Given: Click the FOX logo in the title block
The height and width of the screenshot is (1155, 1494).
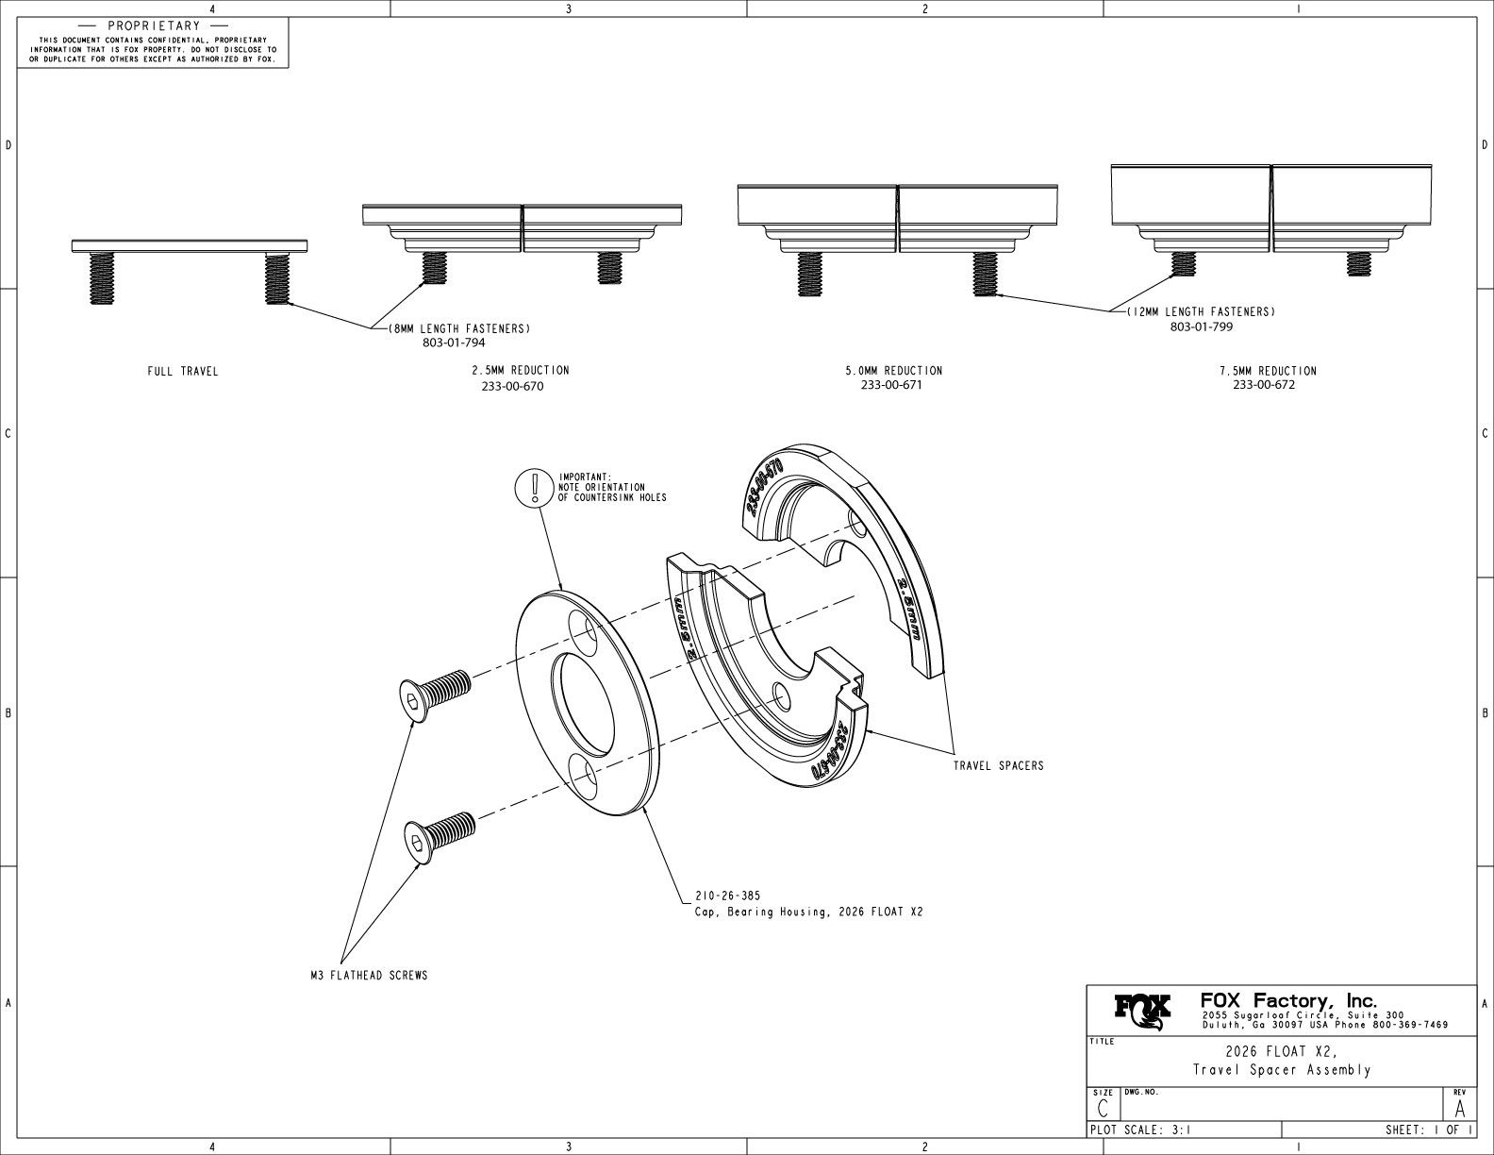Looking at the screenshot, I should pos(1143,1012).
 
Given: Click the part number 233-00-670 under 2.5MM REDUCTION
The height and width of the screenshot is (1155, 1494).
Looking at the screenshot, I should pos(512,386).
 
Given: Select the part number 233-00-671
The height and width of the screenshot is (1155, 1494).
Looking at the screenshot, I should pos(891,385).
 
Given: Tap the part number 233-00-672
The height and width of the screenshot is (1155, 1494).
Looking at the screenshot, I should pos(1264,385).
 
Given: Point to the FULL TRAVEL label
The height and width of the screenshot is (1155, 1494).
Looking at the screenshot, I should pos(182,371).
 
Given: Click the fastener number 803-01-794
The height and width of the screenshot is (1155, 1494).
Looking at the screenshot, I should pos(454,343).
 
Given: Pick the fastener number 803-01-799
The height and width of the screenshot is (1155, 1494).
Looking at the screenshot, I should pos(1201,326).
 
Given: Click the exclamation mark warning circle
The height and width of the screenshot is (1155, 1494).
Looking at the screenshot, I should pos(535,487).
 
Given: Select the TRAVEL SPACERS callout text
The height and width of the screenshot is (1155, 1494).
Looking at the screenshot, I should pos(998,765).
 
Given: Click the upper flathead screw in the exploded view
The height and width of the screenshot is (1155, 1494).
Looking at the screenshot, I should pos(433,693).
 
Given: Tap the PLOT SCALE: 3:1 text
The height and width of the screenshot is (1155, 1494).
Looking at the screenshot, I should pos(1139,1130).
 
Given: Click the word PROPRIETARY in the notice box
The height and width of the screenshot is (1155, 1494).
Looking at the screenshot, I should pos(154,25).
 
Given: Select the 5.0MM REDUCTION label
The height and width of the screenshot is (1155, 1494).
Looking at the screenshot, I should pos(893,370).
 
